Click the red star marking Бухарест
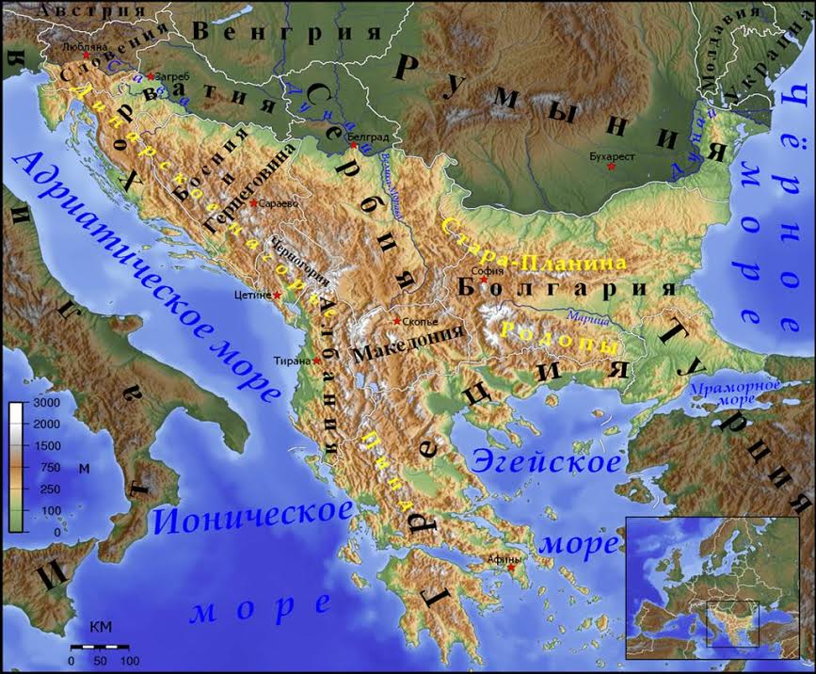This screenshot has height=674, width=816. pos(612,167)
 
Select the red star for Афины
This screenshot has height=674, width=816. pos(512,568)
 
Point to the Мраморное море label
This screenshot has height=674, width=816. pos(734,393)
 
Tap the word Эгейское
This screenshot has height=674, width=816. pos(546,461)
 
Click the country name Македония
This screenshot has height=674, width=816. pos(408,348)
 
